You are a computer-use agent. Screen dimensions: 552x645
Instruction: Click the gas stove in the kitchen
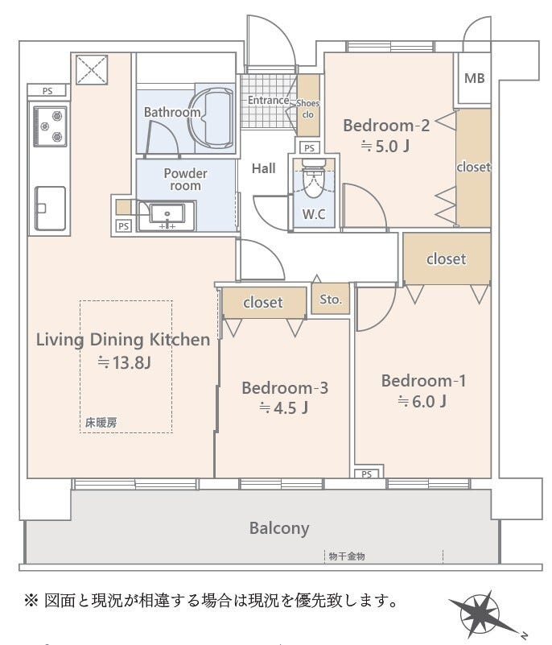coord(50,126)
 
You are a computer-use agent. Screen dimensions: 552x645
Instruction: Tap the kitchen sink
coord(50,208)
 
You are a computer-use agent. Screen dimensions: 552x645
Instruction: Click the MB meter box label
coord(474,78)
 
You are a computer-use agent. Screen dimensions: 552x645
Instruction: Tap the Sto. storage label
coord(331,300)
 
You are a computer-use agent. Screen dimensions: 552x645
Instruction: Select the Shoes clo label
coord(308,109)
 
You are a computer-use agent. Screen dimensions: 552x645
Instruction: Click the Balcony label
coord(279,528)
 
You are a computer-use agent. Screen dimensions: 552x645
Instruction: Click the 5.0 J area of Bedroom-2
coord(385,146)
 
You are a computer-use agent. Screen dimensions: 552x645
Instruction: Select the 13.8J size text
coord(124,362)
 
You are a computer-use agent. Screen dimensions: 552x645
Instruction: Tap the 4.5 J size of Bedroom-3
coord(283,408)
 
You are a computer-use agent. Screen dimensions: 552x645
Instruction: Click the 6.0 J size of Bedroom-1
coord(422,401)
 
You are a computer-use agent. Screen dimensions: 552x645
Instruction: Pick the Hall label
coord(263,168)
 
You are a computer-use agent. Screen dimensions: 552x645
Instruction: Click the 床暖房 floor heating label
coord(101,423)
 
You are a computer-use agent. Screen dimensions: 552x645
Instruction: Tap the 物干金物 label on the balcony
coord(347,556)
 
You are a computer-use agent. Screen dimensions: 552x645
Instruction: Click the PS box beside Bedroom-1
coord(367,473)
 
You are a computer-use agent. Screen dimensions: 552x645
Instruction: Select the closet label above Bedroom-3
coord(262,303)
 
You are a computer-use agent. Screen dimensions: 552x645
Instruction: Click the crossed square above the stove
coord(92,70)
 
